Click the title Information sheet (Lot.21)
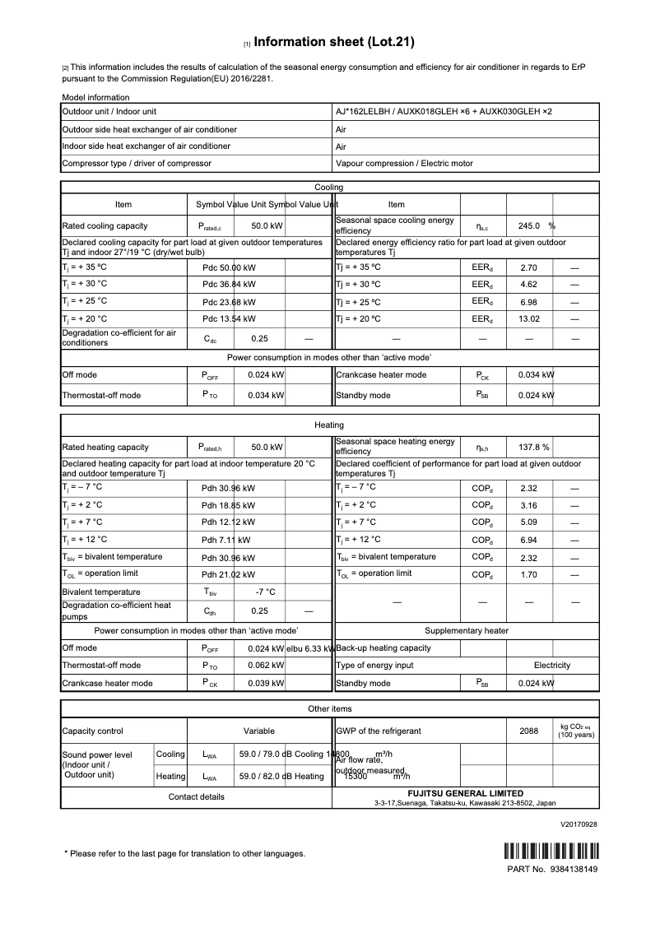tap(334, 41)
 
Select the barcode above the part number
tap(551, 852)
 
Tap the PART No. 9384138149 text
tap(552, 870)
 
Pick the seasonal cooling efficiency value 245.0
tap(528, 225)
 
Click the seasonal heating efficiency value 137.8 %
tap(533, 448)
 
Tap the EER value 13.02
tap(529, 319)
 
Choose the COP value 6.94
tap(529, 540)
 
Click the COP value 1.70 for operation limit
tap(529, 574)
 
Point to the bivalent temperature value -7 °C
tap(266, 592)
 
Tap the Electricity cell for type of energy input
tap(551, 665)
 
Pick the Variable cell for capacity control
tap(259, 731)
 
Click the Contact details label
tap(196, 796)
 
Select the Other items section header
tap(329, 708)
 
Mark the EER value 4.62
tap(529, 284)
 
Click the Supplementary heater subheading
tap(466, 630)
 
